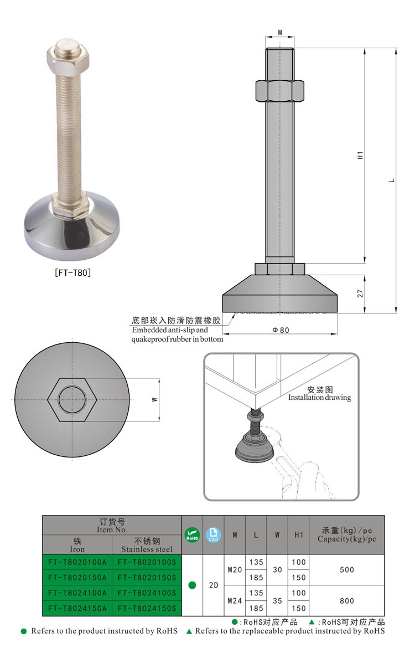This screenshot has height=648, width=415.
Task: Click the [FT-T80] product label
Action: point(72,272)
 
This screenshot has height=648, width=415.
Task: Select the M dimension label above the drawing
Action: point(280,33)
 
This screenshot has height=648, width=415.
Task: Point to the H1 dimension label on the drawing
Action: point(360,156)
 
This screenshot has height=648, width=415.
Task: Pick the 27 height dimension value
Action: point(360,294)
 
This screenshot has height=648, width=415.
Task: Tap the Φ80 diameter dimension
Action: point(281,330)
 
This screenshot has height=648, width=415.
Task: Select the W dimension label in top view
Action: point(155,399)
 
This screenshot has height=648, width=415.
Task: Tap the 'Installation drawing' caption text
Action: point(319,398)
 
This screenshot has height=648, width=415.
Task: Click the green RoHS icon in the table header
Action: point(192,535)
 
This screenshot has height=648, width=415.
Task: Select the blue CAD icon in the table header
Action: point(213,535)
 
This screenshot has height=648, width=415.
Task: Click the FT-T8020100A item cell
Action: point(77,562)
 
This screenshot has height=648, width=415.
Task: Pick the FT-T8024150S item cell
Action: point(147,608)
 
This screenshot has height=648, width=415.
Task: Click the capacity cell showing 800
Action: point(347,600)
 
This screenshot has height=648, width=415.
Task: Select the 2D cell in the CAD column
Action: point(213,585)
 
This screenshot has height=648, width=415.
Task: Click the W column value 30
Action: point(277,569)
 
